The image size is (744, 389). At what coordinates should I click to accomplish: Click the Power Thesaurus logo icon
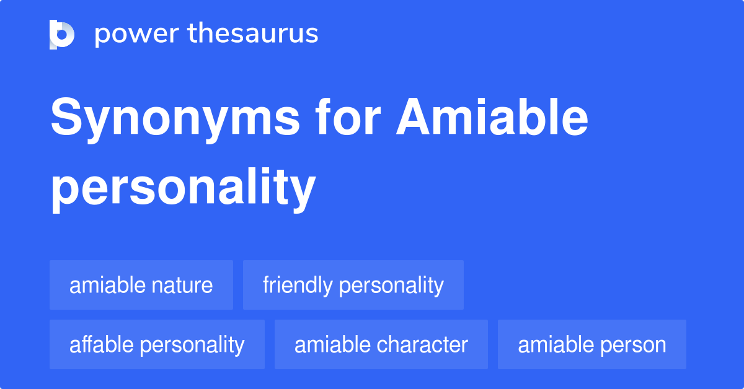coord(62,34)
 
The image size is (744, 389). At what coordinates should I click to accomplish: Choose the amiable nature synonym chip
coord(141,285)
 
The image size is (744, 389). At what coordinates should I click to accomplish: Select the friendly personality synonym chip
coord(353,285)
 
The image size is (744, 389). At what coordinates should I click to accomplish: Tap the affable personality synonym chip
coord(157,344)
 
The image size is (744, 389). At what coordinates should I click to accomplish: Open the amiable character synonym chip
coord(381,344)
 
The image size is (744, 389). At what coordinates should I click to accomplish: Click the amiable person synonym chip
coord(592,344)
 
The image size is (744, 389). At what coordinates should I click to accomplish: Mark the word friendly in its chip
coord(298,286)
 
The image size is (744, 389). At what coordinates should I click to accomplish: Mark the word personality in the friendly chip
coord(391,286)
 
